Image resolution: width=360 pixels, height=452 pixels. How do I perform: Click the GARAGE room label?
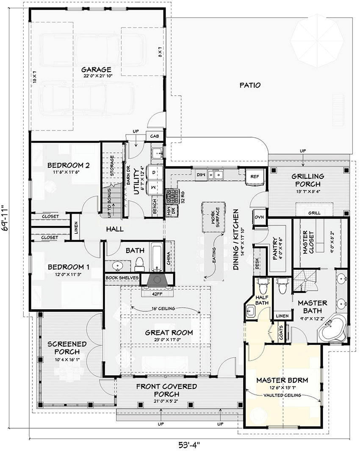tap(97, 69)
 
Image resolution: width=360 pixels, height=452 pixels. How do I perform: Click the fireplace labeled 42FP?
tap(156, 282)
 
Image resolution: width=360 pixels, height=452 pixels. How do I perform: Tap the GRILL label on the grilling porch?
tap(314, 213)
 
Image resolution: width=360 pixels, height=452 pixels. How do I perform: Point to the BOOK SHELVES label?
tap(122, 277)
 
